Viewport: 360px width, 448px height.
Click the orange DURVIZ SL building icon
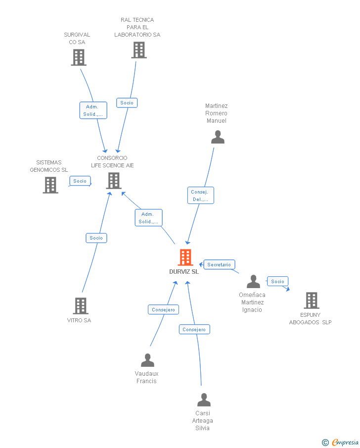click(185, 257)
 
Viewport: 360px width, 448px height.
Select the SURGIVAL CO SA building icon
click(79, 57)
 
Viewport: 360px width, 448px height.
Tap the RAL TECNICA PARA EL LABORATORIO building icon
click(139, 50)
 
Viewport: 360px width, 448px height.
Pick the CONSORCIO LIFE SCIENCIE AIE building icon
click(114, 181)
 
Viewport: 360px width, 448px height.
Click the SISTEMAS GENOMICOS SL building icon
click(50, 185)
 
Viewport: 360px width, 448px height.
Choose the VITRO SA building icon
click(81, 306)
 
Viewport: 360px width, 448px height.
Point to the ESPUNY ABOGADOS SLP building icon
click(311, 300)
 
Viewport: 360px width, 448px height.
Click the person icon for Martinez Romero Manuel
click(218, 137)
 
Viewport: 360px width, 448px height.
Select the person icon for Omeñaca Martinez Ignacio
click(253, 282)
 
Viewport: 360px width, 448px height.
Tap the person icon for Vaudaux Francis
click(147, 360)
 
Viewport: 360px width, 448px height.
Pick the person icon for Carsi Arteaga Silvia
click(204, 399)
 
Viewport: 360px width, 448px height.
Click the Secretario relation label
click(219, 265)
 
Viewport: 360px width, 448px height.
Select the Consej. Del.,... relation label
click(200, 196)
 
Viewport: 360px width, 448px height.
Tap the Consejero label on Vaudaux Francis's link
click(163, 310)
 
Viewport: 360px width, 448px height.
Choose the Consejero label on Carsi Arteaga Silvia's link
click(194, 330)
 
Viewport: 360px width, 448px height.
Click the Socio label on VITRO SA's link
click(96, 238)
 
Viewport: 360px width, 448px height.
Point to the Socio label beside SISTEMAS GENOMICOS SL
click(80, 181)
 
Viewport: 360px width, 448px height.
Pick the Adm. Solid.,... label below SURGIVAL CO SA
click(92, 110)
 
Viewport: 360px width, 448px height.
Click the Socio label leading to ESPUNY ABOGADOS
click(277, 282)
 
